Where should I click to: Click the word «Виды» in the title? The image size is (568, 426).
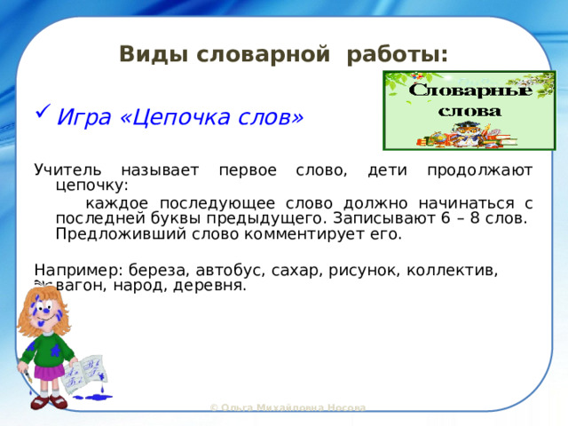[x=141, y=55]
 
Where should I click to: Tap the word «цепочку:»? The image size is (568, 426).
[x=91, y=186]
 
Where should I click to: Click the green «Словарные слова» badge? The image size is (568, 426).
[x=469, y=110]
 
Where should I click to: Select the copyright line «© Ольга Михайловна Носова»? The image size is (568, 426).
[x=288, y=407]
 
